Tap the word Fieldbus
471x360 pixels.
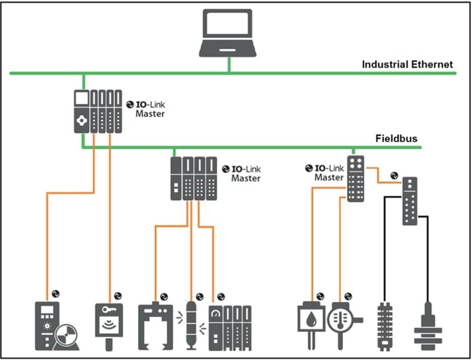click(396, 138)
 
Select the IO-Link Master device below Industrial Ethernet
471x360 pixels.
click(97, 111)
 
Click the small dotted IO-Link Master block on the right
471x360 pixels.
click(356, 178)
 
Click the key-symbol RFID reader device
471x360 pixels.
click(109, 323)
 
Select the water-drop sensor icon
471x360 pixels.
click(310, 321)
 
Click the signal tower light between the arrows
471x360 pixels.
click(191, 325)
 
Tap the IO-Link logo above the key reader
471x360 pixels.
click(117, 295)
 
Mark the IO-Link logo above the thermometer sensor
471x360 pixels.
click(348, 296)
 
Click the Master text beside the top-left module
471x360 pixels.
click(150, 114)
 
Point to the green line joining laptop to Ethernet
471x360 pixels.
click(229, 65)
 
